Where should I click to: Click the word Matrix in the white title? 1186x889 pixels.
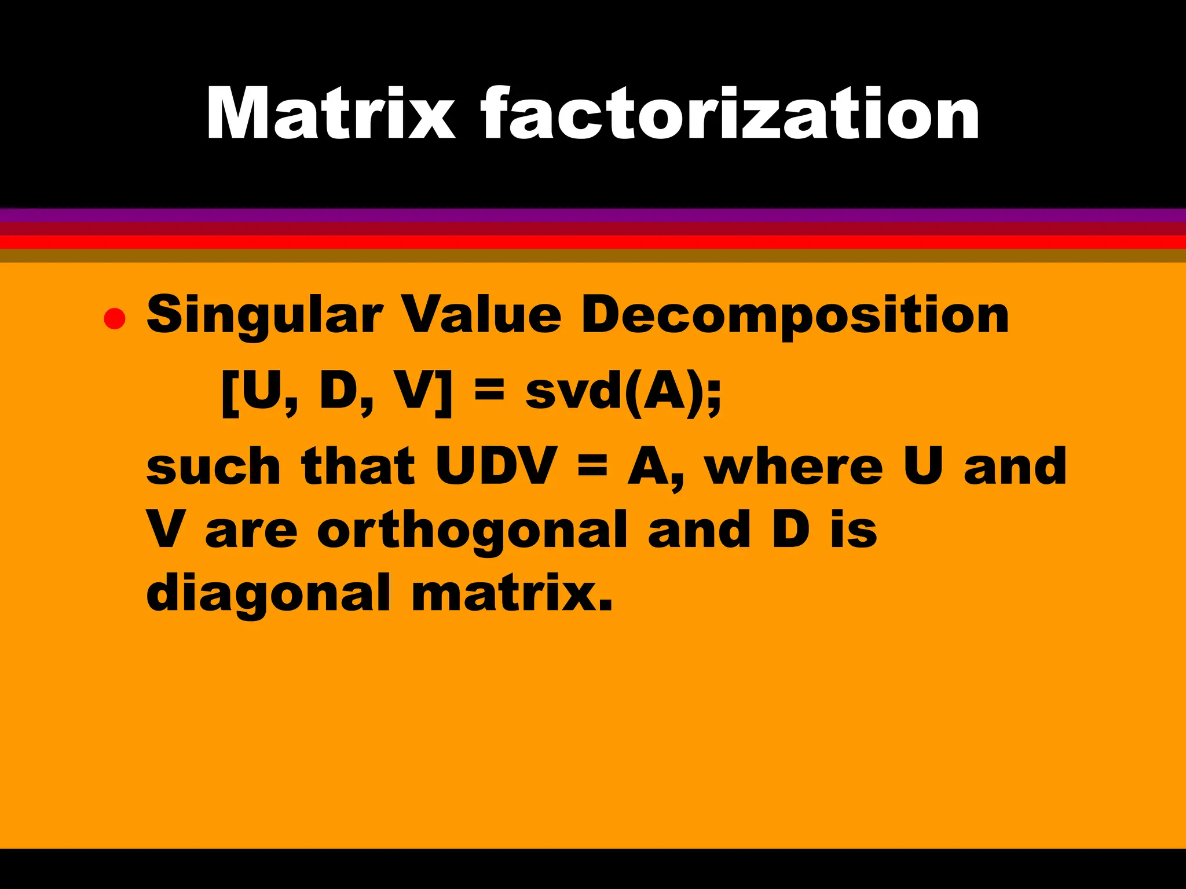coord(331,113)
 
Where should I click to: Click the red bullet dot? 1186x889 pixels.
coord(115,319)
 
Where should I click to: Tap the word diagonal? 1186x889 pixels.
coord(268,594)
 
